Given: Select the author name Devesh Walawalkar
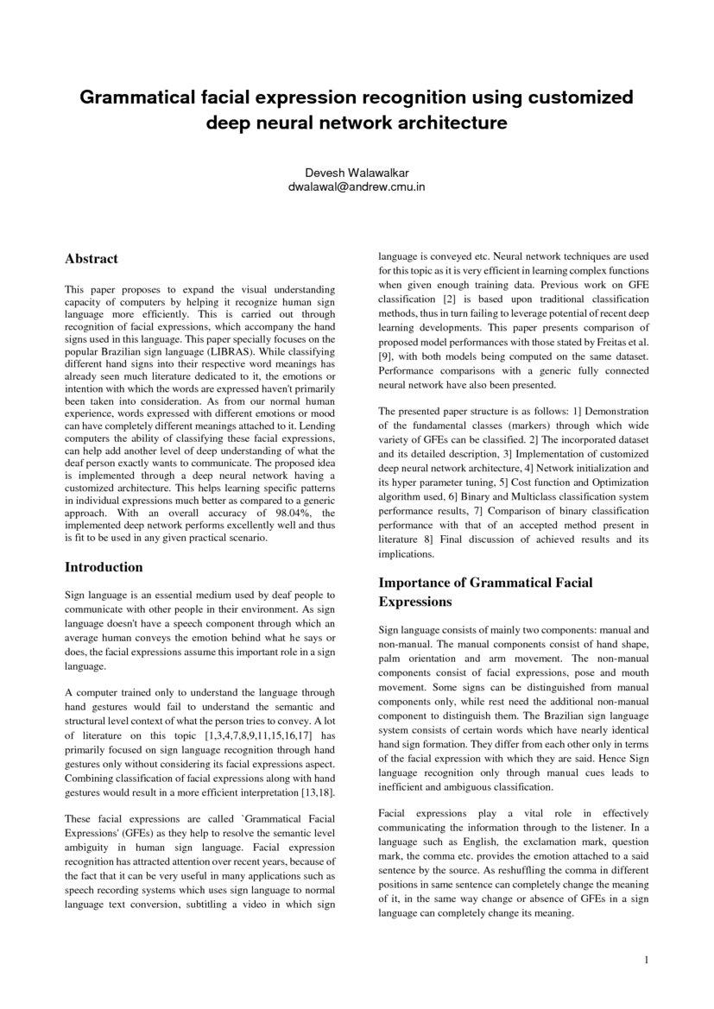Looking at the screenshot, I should click(357, 173).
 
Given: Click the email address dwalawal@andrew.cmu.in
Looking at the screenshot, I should click(357, 186).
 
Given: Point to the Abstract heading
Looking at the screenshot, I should click(92, 259).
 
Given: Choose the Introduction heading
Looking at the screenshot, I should click(104, 567).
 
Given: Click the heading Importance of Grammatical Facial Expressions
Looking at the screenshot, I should click(485, 591).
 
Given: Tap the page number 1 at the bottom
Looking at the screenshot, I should click(645, 959).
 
